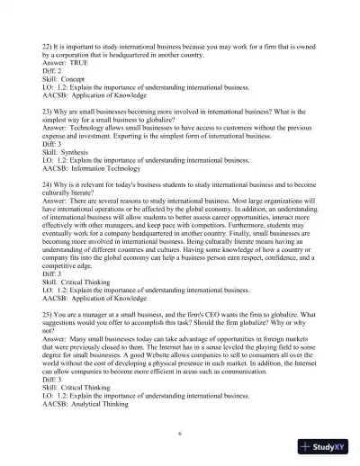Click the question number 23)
pyautogui.click(x=49, y=117)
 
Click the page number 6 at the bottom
pyautogui.click(x=180, y=435)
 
